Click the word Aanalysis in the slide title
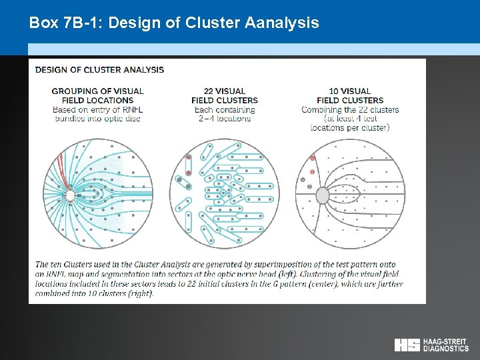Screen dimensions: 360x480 coord(282,23)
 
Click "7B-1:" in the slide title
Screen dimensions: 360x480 coord(79,23)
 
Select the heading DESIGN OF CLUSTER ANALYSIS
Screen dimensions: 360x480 coord(99,69)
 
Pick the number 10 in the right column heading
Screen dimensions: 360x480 coord(335,91)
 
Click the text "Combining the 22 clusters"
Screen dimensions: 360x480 coord(350,109)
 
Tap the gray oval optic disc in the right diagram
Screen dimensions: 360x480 coord(323,195)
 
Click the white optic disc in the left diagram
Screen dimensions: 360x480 coord(69,195)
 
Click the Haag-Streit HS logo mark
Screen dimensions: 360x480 coord(407,345)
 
